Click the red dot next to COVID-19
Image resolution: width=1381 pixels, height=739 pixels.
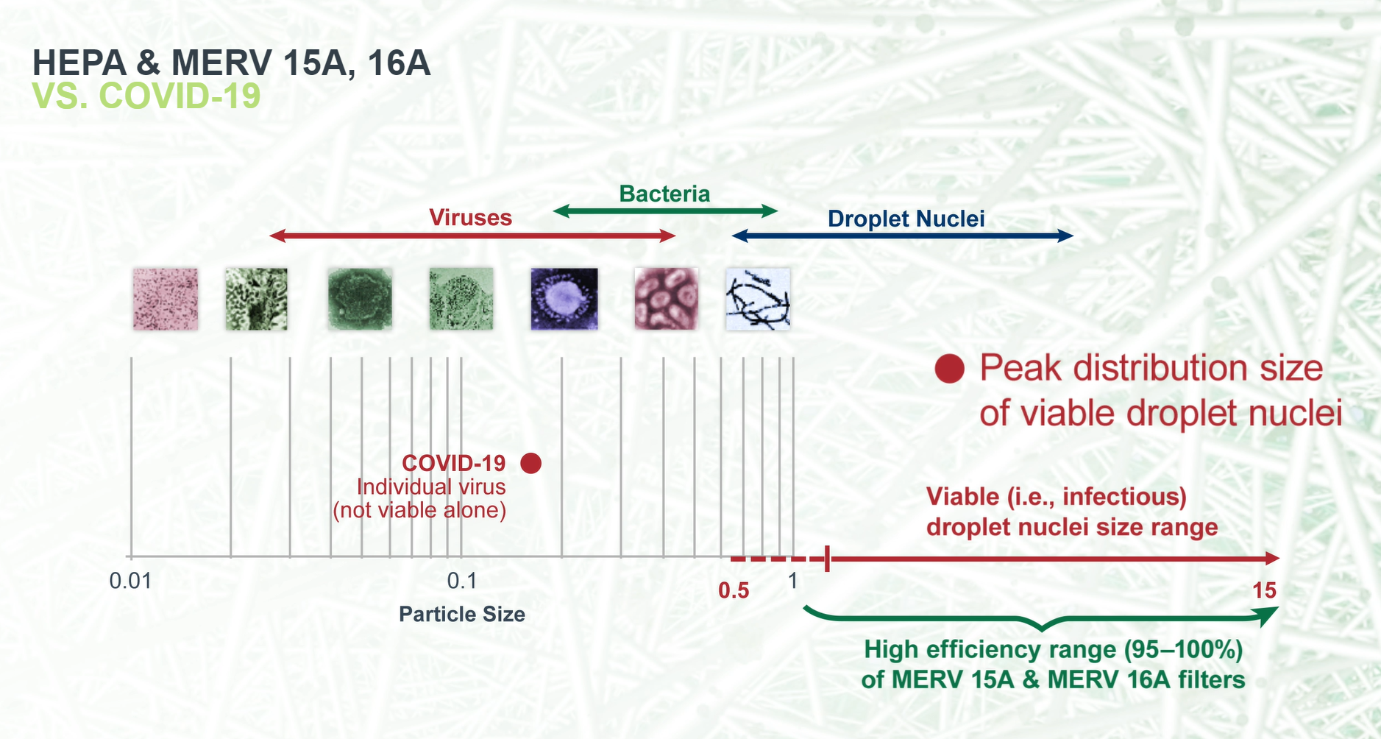[x=530, y=463]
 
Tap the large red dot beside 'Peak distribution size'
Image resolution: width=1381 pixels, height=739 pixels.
[x=949, y=369]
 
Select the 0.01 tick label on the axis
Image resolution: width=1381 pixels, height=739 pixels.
[x=130, y=581]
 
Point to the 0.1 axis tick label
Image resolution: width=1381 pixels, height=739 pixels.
[x=462, y=581]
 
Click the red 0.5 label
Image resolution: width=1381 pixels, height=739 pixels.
[x=734, y=590]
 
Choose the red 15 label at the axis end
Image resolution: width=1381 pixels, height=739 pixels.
[x=1264, y=590]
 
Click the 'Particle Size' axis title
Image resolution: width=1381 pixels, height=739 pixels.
[x=462, y=615]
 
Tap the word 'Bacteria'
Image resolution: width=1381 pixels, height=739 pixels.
[x=664, y=194]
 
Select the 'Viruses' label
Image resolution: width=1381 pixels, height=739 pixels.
[x=470, y=218]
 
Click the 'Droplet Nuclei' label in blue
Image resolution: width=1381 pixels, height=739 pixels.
[x=906, y=219]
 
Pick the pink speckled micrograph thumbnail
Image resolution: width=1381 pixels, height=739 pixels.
[x=166, y=299]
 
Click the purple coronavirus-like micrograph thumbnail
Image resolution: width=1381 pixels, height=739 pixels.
[x=564, y=299]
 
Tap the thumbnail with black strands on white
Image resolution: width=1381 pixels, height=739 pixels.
[x=758, y=299]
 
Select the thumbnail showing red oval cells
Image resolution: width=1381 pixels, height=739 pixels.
[x=666, y=299]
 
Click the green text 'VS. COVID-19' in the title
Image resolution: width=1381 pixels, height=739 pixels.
[x=146, y=96]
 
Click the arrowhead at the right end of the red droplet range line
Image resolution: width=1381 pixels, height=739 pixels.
[x=1272, y=559]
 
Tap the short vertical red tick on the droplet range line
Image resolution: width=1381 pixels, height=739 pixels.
[x=828, y=559]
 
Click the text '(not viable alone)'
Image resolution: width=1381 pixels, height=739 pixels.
[x=419, y=510]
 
